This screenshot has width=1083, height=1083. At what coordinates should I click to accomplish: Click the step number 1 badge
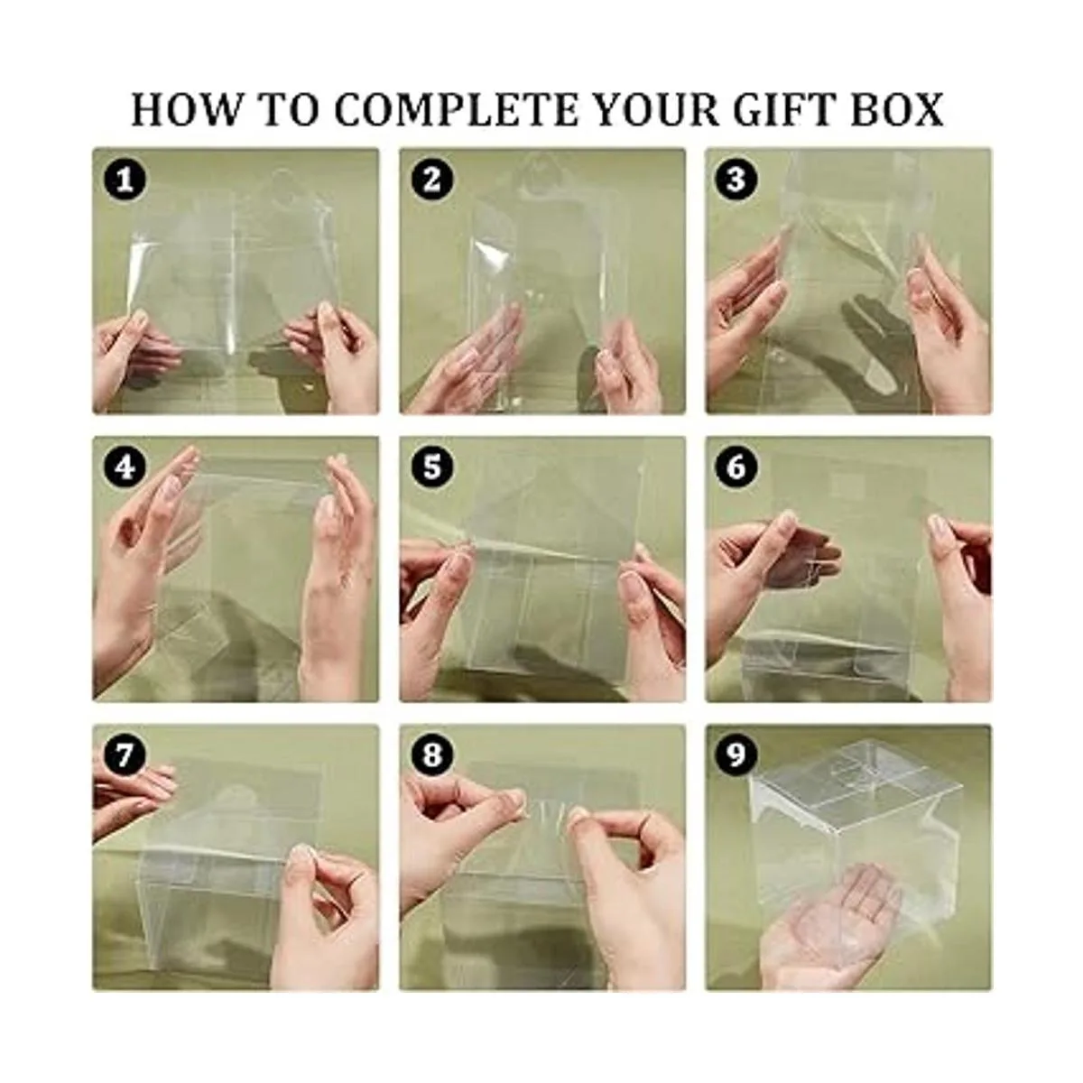pos(125,180)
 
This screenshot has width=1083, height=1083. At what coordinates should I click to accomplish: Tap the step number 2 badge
pos(431,180)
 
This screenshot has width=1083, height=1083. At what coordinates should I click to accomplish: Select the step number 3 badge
pos(736,180)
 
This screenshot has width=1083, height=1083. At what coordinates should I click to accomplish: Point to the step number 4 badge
pos(125,467)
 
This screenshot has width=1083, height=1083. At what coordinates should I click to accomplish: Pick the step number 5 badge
pos(431,467)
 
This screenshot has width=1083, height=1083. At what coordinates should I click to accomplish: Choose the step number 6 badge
pos(736,467)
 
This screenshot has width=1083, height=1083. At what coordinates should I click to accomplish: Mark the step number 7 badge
pos(125,755)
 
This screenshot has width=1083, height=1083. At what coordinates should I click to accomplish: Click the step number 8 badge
pos(431,755)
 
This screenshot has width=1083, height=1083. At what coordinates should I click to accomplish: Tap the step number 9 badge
pos(736,755)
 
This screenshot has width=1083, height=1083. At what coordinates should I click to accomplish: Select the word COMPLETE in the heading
pos(457,109)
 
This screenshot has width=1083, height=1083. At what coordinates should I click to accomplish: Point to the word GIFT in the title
pos(783,109)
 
